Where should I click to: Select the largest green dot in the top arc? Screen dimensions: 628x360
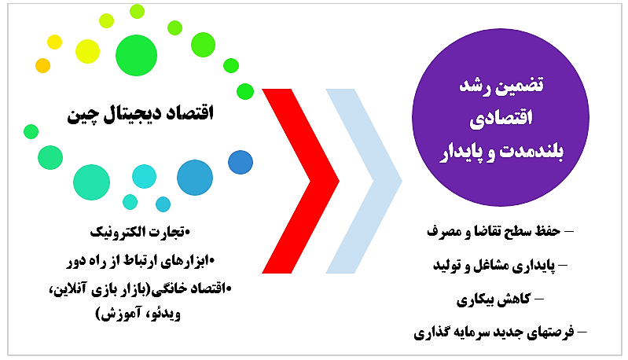[x=136, y=55]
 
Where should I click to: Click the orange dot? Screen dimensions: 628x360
[x=43, y=66]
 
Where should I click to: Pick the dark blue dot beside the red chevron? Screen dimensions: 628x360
[x=241, y=162]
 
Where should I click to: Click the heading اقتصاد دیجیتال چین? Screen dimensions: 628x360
[x=140, y=114]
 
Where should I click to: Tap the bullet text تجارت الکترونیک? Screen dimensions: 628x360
[x=138, y=232]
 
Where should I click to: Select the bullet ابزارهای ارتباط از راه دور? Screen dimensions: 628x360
[x=139, y=261]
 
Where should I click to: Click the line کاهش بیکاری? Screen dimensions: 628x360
[x=494, y=299]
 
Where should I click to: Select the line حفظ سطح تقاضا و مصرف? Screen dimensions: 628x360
[x=494, y=231]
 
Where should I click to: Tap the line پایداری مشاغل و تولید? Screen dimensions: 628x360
[x=494, y=266]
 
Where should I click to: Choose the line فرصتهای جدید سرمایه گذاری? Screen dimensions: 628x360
[x=494, y=332]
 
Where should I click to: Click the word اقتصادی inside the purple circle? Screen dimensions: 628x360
[x=501, y=118]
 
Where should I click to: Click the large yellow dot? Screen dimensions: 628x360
[x=87, y=51]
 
